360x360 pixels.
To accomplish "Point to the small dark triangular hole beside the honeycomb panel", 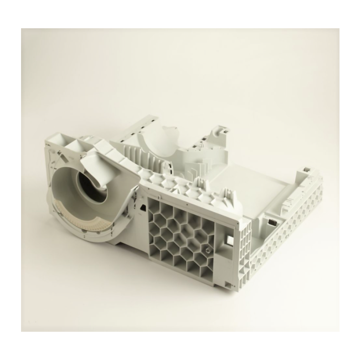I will (x=142, y=208).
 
